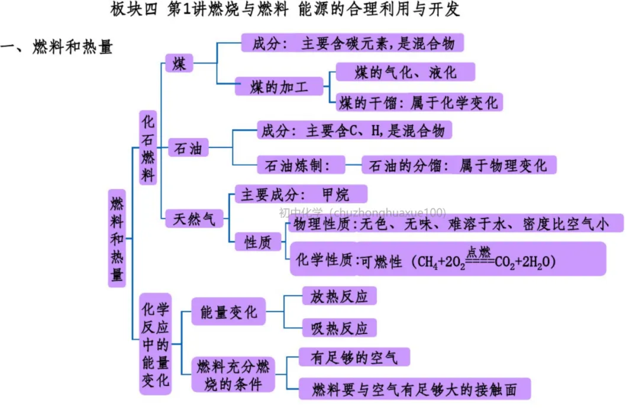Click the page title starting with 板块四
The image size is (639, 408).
pyautogui.click(x=285, y=10)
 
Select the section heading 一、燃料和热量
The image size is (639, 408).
pyautogui.click(x=57, y=47)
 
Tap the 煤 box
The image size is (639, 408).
pyautogui.click(x=179, y=63)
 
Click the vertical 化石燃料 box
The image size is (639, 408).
pyautogui.click(x=148, y=147)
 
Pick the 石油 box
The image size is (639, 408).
pyautogui.click(x=188, y=149)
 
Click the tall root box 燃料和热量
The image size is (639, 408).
pyautogui.click(x=117, y=238)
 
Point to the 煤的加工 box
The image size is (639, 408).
pyautogui.click(x=279, y=87)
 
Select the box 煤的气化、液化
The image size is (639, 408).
pyautogui.click(x=405, y=72)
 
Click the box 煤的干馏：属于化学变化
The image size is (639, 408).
pyautogui.click(x=419, y=102)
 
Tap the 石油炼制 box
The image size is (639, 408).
pyautogui.click(x=301, y=165)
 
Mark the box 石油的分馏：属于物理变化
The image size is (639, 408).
pyautogui.click(x=459, y=165)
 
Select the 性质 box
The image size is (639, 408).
pyautogui.click(x=258, y=242)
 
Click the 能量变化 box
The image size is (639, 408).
pyautogui.click(x=228, y=311)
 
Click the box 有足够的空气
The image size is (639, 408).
pyautogui.click(x=354, y=357)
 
